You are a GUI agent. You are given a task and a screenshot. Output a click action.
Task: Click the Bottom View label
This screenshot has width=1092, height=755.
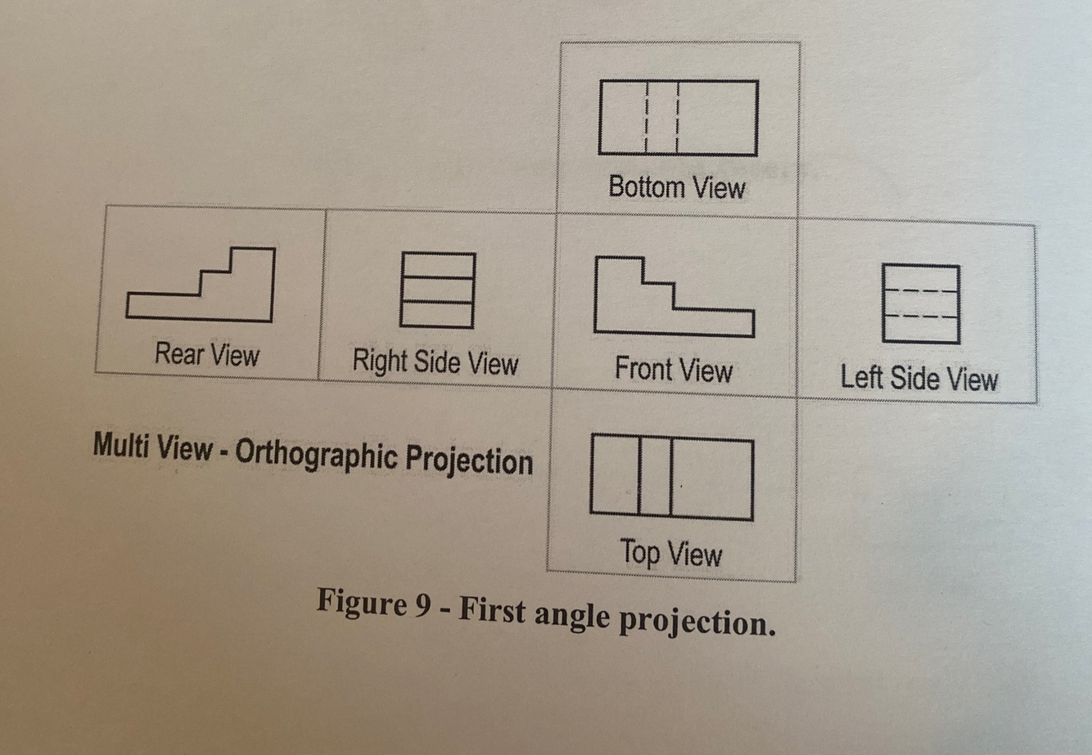point(677,187)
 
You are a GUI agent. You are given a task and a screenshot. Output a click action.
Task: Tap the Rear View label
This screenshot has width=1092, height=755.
point(207,355)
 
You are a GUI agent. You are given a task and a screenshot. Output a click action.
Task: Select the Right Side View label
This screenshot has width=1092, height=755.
point(435,362)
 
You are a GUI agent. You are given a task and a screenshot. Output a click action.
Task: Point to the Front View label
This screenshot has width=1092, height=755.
point(673,371)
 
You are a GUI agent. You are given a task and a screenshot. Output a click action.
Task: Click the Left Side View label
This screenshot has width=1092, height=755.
point(919,379)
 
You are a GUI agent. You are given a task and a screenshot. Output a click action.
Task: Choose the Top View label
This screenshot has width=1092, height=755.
point(671,554)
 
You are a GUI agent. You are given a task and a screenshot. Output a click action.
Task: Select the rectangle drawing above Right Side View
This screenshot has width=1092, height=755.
point(437,290)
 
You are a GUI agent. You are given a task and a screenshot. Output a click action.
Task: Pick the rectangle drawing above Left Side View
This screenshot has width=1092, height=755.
point(921,303)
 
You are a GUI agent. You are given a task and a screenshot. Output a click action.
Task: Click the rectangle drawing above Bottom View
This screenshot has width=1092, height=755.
point(678,118)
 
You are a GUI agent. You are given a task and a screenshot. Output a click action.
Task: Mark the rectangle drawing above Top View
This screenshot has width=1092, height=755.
point(671,478)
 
